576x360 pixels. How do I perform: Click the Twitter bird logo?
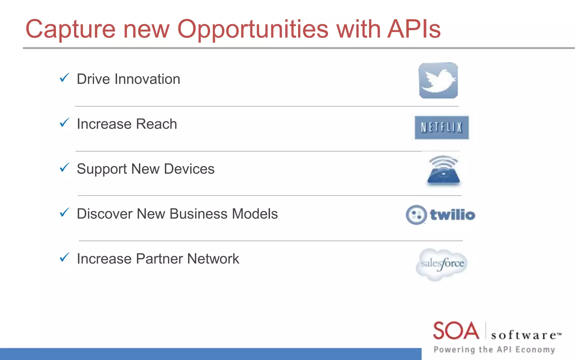tap(438, 81)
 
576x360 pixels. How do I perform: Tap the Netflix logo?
tap(442, 127)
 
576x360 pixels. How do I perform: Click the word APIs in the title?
tap(414, 29)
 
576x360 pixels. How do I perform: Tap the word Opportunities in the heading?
tap(253, 30)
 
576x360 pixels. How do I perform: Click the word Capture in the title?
tap(70, 30)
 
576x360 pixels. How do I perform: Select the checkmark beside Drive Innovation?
tap(64, 78)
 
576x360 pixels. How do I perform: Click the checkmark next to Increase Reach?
tap(64, 123)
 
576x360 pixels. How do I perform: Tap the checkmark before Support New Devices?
tap(64, 168)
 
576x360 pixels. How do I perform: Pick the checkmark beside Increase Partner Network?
tap(64, 257)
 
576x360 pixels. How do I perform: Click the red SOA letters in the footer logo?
tap(456, 331)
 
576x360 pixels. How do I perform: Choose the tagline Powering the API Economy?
tap(494, 350)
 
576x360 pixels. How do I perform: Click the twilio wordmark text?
tap(453, 215)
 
